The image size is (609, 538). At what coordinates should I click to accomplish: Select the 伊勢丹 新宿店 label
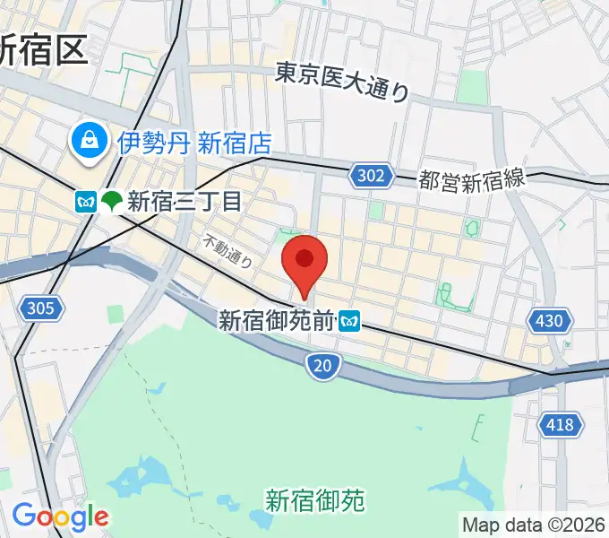coord(194,142)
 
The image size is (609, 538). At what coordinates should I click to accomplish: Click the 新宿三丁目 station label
coord(184,201)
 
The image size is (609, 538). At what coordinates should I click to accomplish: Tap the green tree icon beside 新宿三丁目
coord(112,202)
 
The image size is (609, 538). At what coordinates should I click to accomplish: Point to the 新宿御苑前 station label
coord(276,320)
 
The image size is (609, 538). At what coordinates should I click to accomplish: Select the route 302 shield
coord(373,177)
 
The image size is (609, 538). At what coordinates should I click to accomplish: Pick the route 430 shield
coord(550,320)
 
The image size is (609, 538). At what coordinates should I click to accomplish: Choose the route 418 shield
coord(561,424)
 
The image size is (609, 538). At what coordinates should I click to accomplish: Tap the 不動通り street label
coord(228,251)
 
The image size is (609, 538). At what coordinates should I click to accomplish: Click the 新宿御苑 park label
coord(315,499)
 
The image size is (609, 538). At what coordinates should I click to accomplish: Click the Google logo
coord(59,516)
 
